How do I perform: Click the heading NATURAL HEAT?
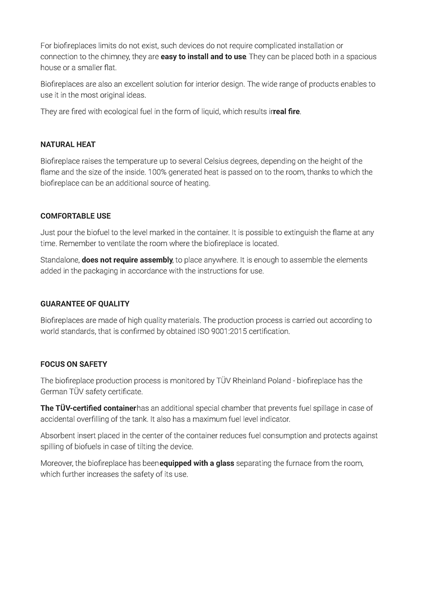click(68, 144)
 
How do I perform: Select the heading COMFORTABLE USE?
click(76, 216)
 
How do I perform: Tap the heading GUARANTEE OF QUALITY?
click(85, 304)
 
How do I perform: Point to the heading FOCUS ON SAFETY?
click(74, 364)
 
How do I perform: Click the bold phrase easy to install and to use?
click(203, 57)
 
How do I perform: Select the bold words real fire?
click(287, 111)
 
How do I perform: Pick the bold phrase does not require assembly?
click(127, 260)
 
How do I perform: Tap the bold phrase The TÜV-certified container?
click(88, 408)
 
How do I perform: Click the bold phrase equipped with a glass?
click(197, 464)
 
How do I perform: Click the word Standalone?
click(60, 260)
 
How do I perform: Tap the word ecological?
click(110, 111)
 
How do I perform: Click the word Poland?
click(279, 381)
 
